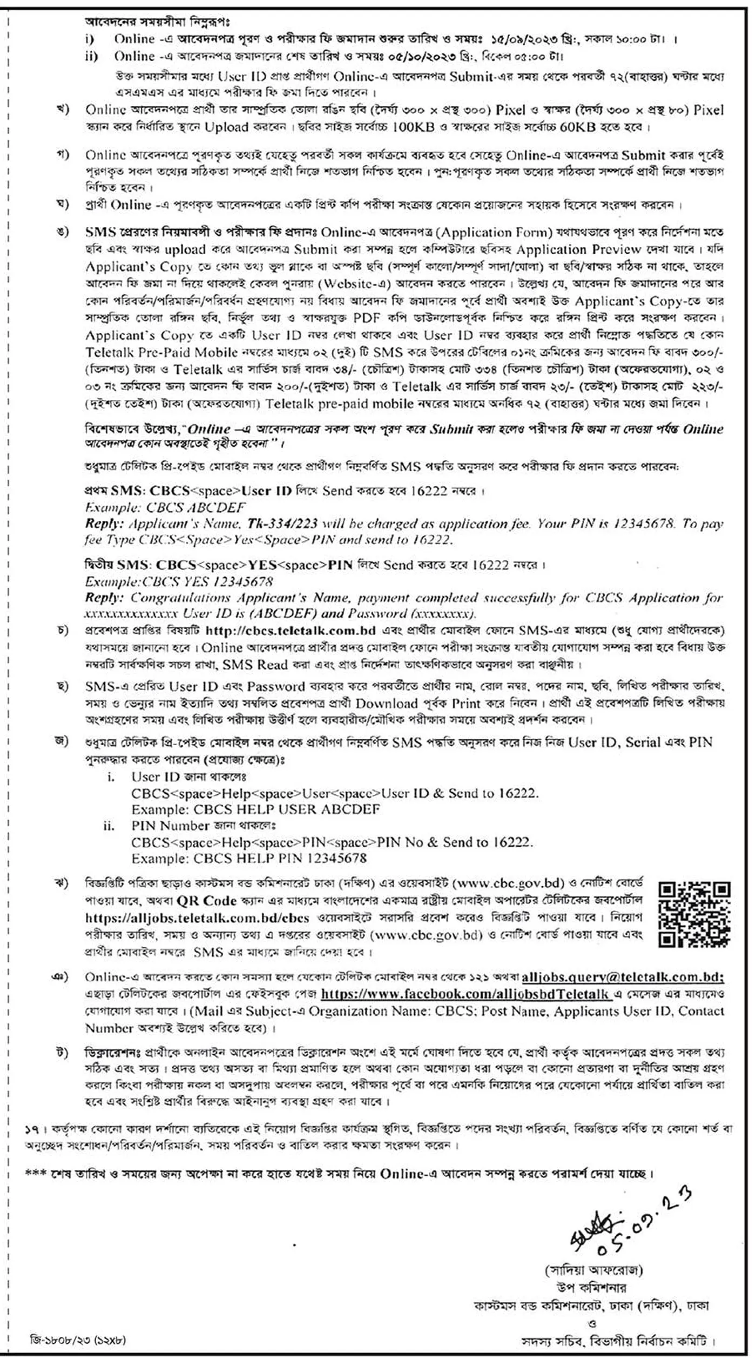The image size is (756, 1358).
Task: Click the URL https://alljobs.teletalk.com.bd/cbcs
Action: [197, 918]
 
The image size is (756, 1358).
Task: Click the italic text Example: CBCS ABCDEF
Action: [165, 507]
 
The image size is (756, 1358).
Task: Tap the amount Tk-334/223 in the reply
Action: [282, 524]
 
